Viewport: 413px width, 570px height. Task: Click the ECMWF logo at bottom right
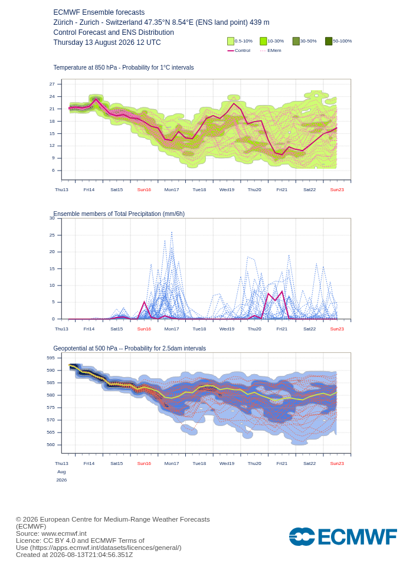click(343, 537)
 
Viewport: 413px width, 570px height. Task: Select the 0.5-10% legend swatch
click(231, 41)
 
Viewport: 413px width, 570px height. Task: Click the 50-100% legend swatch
click(329, 41)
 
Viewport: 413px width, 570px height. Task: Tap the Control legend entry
click(239, 51)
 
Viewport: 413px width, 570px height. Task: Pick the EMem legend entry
click(271, 51)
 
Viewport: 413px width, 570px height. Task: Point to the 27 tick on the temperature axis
click(52, 84)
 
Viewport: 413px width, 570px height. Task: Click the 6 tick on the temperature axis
click(54, 170)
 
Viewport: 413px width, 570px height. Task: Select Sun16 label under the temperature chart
click(144, 189)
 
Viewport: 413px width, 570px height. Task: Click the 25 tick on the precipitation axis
click(52, 235)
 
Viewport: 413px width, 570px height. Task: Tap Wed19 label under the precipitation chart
click(227, 329)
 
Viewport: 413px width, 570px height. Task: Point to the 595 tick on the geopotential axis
click(51, 358)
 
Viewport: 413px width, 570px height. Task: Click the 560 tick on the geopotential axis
click(51, 444)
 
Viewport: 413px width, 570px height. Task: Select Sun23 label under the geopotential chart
click(337, 463)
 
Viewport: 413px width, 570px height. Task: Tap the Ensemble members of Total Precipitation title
click(119, 214)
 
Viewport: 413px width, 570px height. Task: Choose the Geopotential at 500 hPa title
click(129, 348)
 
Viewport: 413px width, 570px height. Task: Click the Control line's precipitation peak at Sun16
click(145, 302)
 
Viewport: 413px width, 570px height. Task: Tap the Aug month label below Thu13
click(61, 471)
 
